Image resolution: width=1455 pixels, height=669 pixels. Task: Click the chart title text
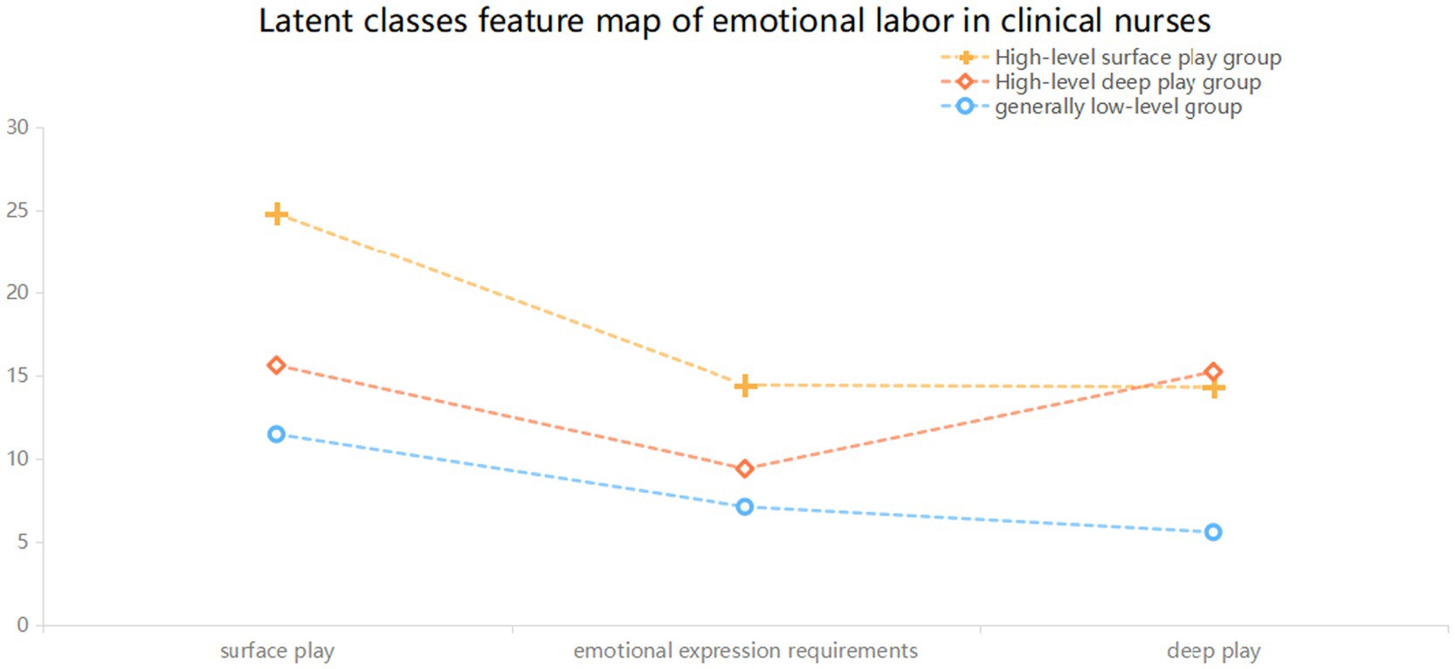click(734, 21)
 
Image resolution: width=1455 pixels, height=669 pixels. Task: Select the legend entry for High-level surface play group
click(1111, 58)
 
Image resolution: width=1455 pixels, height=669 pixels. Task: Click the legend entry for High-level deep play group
click(1100, 82)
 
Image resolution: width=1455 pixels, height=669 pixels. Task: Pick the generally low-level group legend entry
click(1091, 107)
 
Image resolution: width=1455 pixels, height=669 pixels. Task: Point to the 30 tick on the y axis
click(17, 128)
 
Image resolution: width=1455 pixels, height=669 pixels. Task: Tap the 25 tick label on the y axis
click(17, 210)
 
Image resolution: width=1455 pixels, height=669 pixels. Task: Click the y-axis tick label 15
click(17, 376)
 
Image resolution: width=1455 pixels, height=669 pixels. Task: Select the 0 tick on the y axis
click(23, 624)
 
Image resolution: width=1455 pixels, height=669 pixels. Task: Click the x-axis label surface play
click(278, 651)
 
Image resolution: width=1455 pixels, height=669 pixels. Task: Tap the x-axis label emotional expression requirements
click(746, 651)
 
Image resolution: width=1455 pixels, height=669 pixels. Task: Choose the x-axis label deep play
click(1213, 651)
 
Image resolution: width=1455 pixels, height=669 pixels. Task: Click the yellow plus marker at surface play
click(277, 214)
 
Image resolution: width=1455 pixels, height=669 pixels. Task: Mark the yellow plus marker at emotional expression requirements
click(745, 386)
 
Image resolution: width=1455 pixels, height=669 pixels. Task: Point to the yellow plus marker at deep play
click(1213, 388)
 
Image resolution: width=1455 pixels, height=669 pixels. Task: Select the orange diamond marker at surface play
click(277, 366)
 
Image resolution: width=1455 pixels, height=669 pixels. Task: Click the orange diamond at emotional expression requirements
click(745, 469)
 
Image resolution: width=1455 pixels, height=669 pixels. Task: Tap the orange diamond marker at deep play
click(1213, 372)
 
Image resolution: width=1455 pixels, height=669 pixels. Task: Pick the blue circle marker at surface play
click(277, 434)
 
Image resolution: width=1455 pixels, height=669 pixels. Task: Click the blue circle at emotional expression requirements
click(745, 507)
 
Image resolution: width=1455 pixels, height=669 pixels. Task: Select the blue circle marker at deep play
click(1213, 533)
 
